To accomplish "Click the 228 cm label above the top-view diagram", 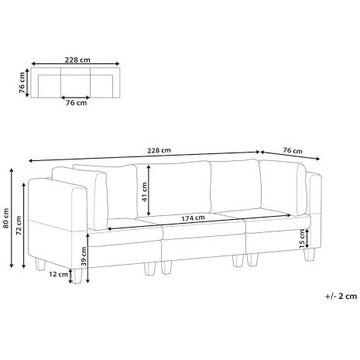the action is pos(77,60).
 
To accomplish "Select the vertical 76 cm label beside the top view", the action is pos(22,82).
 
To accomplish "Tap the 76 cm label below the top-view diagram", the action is pos(76,103).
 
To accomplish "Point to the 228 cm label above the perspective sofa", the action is pos(159,150).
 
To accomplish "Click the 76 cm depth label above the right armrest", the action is pos(293,150).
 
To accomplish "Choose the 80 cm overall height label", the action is pos(6,218).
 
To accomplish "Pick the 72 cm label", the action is pos(19,225).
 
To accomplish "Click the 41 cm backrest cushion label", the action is pos(144,192).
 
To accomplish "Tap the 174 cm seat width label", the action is pos(193,218).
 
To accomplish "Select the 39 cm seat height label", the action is pos(84,256).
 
